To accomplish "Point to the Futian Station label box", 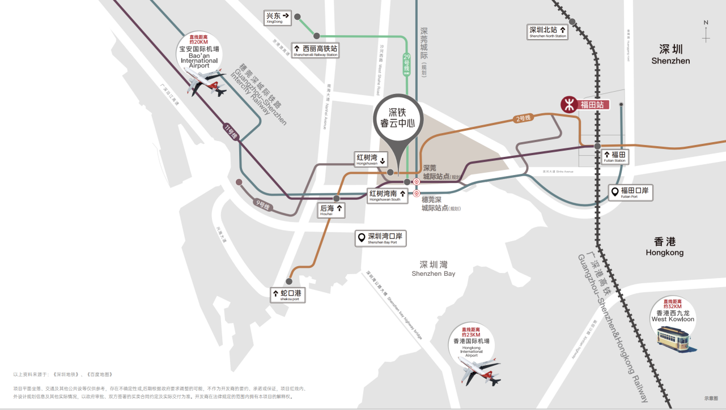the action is pyautogui.click(x=615, y=156).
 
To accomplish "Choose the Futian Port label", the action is pyautogui.click(x=631, y=193).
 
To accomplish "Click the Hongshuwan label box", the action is pyautogui.click(x=371, y=159).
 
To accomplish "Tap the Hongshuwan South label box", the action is pyautogui.click(x=388, y=196).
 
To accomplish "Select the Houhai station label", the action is pyautogui.click(x=332, y=210).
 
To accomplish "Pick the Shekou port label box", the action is pyautogui.click(x=288, y=295).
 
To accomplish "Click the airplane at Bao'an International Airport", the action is pyautogui.click(x=206, y=83).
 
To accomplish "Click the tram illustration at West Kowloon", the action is pyautogui.click(x=673, y=339).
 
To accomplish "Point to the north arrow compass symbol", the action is pyautogui.click(x=706, y=32).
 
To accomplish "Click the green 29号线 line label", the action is pyautogui.click(x=406, y=65).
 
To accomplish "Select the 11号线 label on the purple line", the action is pyautogui.click(x=230, y=131).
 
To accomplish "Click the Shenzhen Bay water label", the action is pyautogui.click(x=434, y=268).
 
